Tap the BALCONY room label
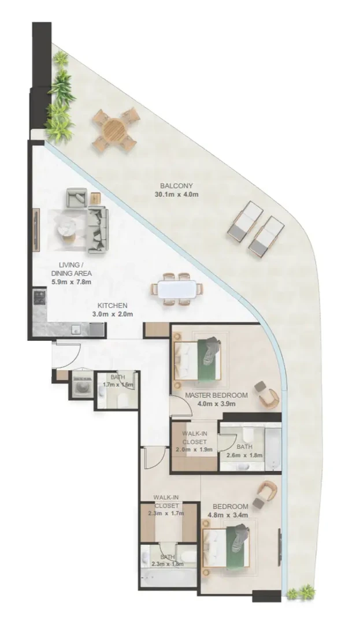(x=177, y=185)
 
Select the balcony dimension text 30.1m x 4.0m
(x=176, y=195)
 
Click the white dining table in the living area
(x=177, y=289)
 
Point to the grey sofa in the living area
(x=98, y=229)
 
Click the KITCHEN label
(x=113, y=306)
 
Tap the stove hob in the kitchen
(x=40, y=298)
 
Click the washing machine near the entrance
(x=82, y=385)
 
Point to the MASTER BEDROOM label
(x=216, y=395)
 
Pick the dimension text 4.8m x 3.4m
(x=228, y=515)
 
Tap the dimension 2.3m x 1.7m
(x=166, y=513)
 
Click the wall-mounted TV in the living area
(x=36, y=230)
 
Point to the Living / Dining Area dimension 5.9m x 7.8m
(x=72, y=282)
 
